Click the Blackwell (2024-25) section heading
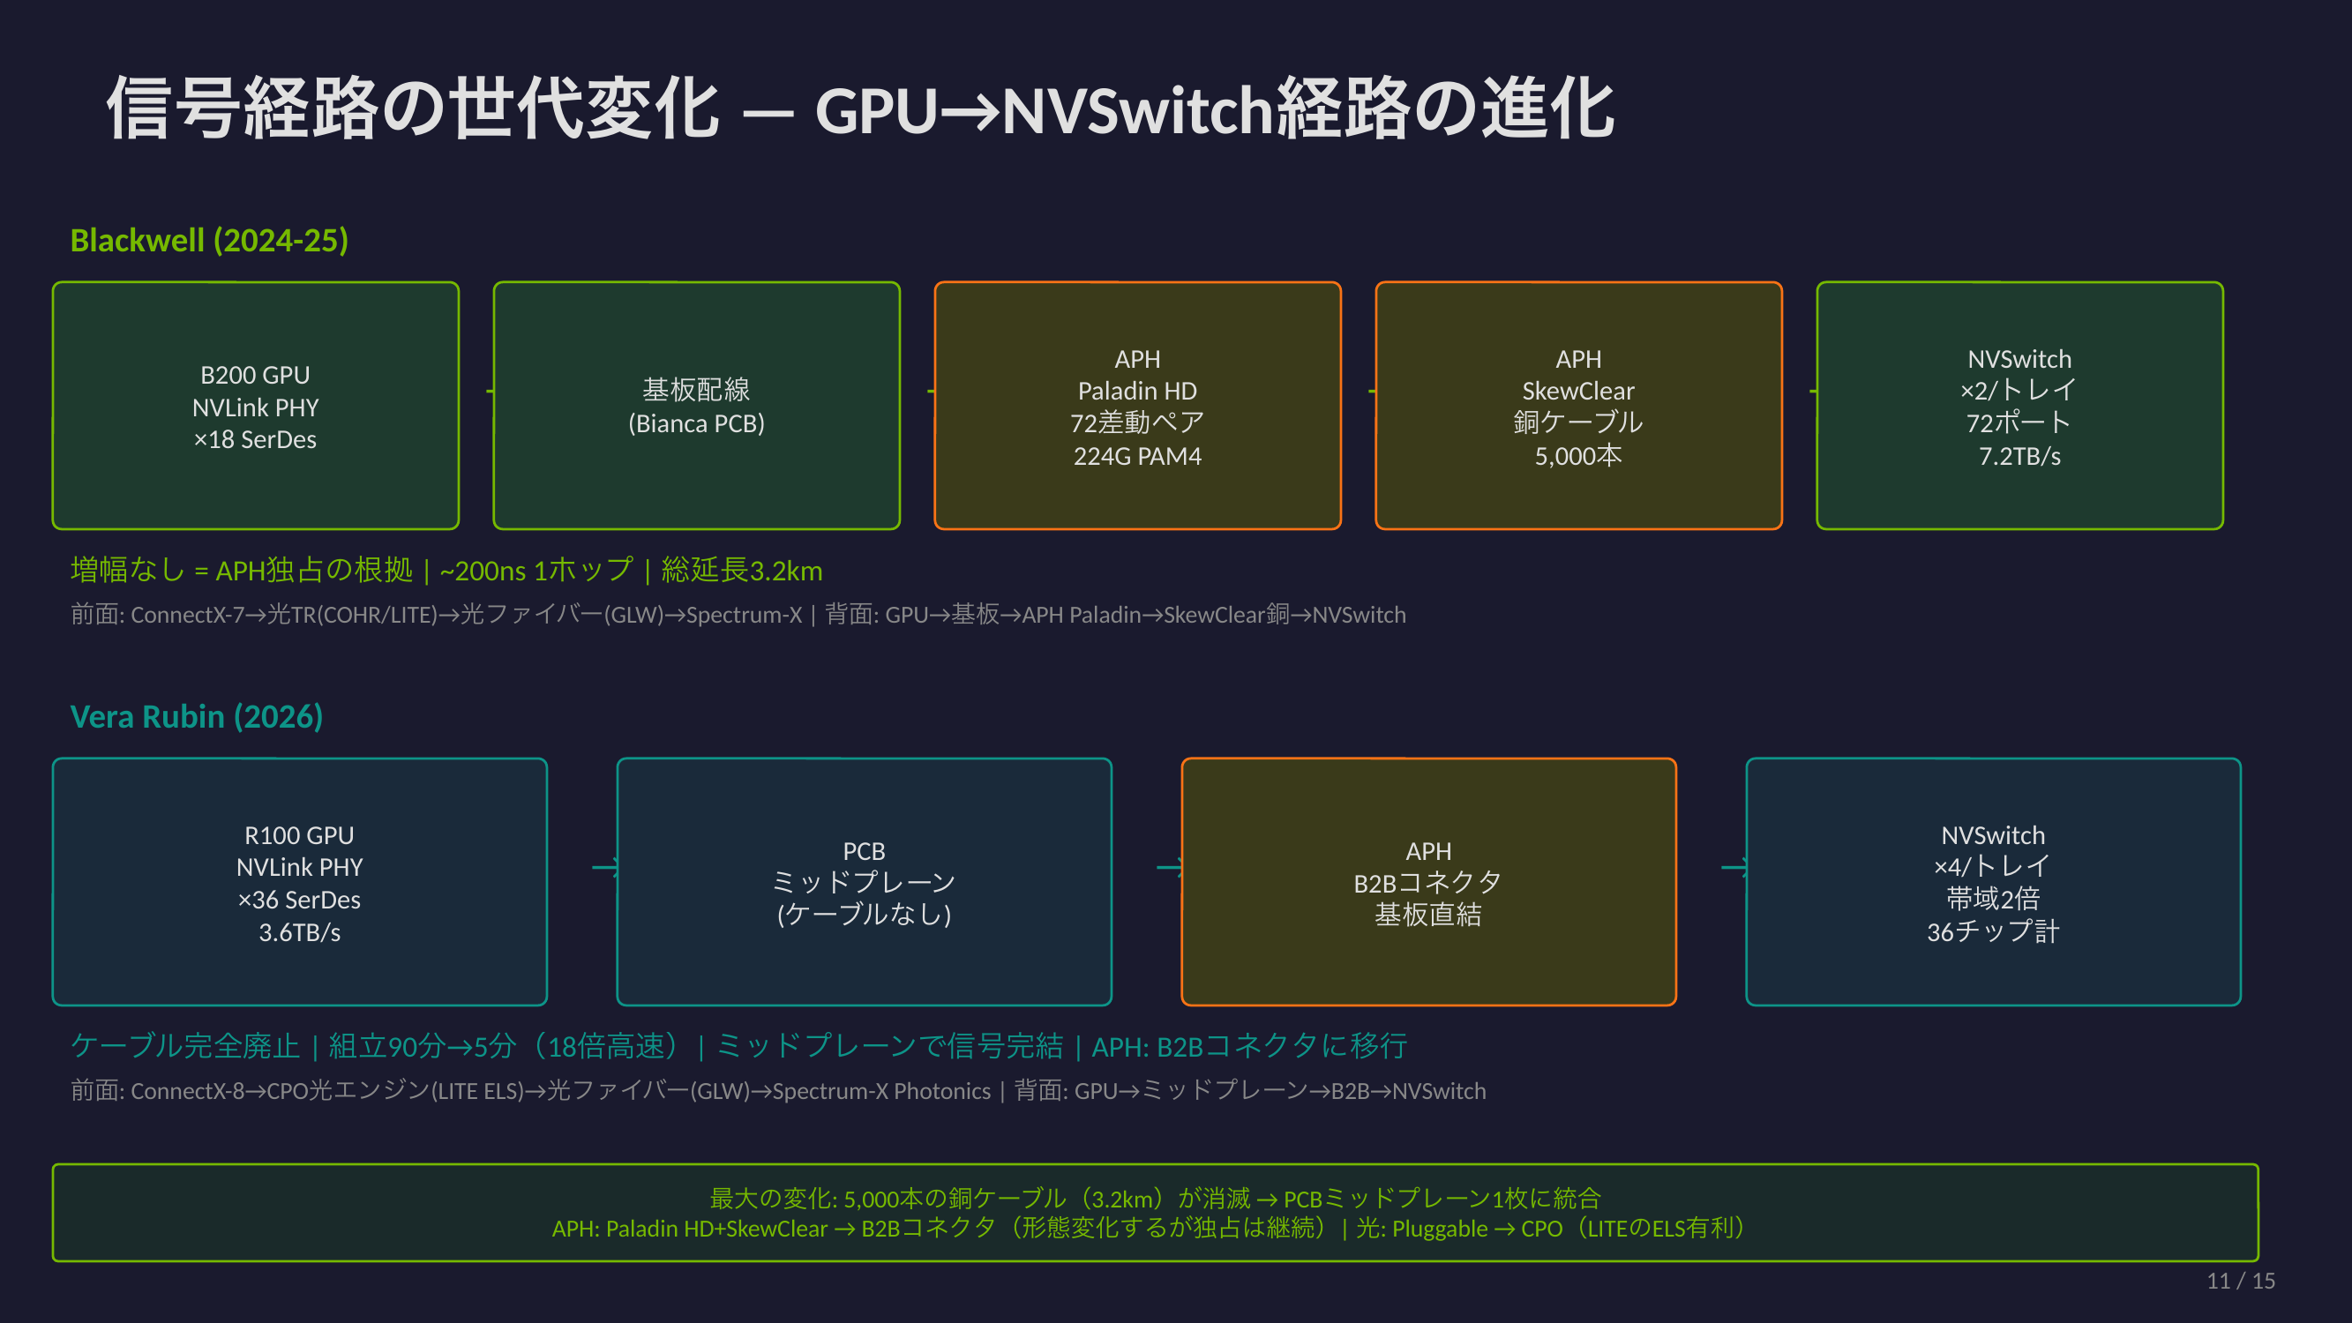click(x=209, y=240)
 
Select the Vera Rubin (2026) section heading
click(x=197, y=717)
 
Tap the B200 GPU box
click(x=256, y=406)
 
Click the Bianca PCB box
click(x=696, y=406)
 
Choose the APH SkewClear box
click(x=1577, y=406)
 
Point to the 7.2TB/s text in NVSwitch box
click(x=2019, y=456)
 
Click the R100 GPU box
click(x=299, y=881)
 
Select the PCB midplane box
click(x=864, y=881)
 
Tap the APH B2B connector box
click(x=1428, y=881)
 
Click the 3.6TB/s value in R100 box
click(x=299, y=932)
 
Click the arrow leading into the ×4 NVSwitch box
click(x=1734, y=866)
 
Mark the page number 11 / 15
click(x=2240, y=1281)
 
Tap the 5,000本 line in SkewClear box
click(x=1577, y=456)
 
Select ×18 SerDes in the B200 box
click(x=255, y=439)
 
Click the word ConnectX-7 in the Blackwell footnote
click(x=187, y=615)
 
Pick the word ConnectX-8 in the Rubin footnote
click(x=187, y=1091)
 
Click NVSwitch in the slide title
click(x=1136, y=109)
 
